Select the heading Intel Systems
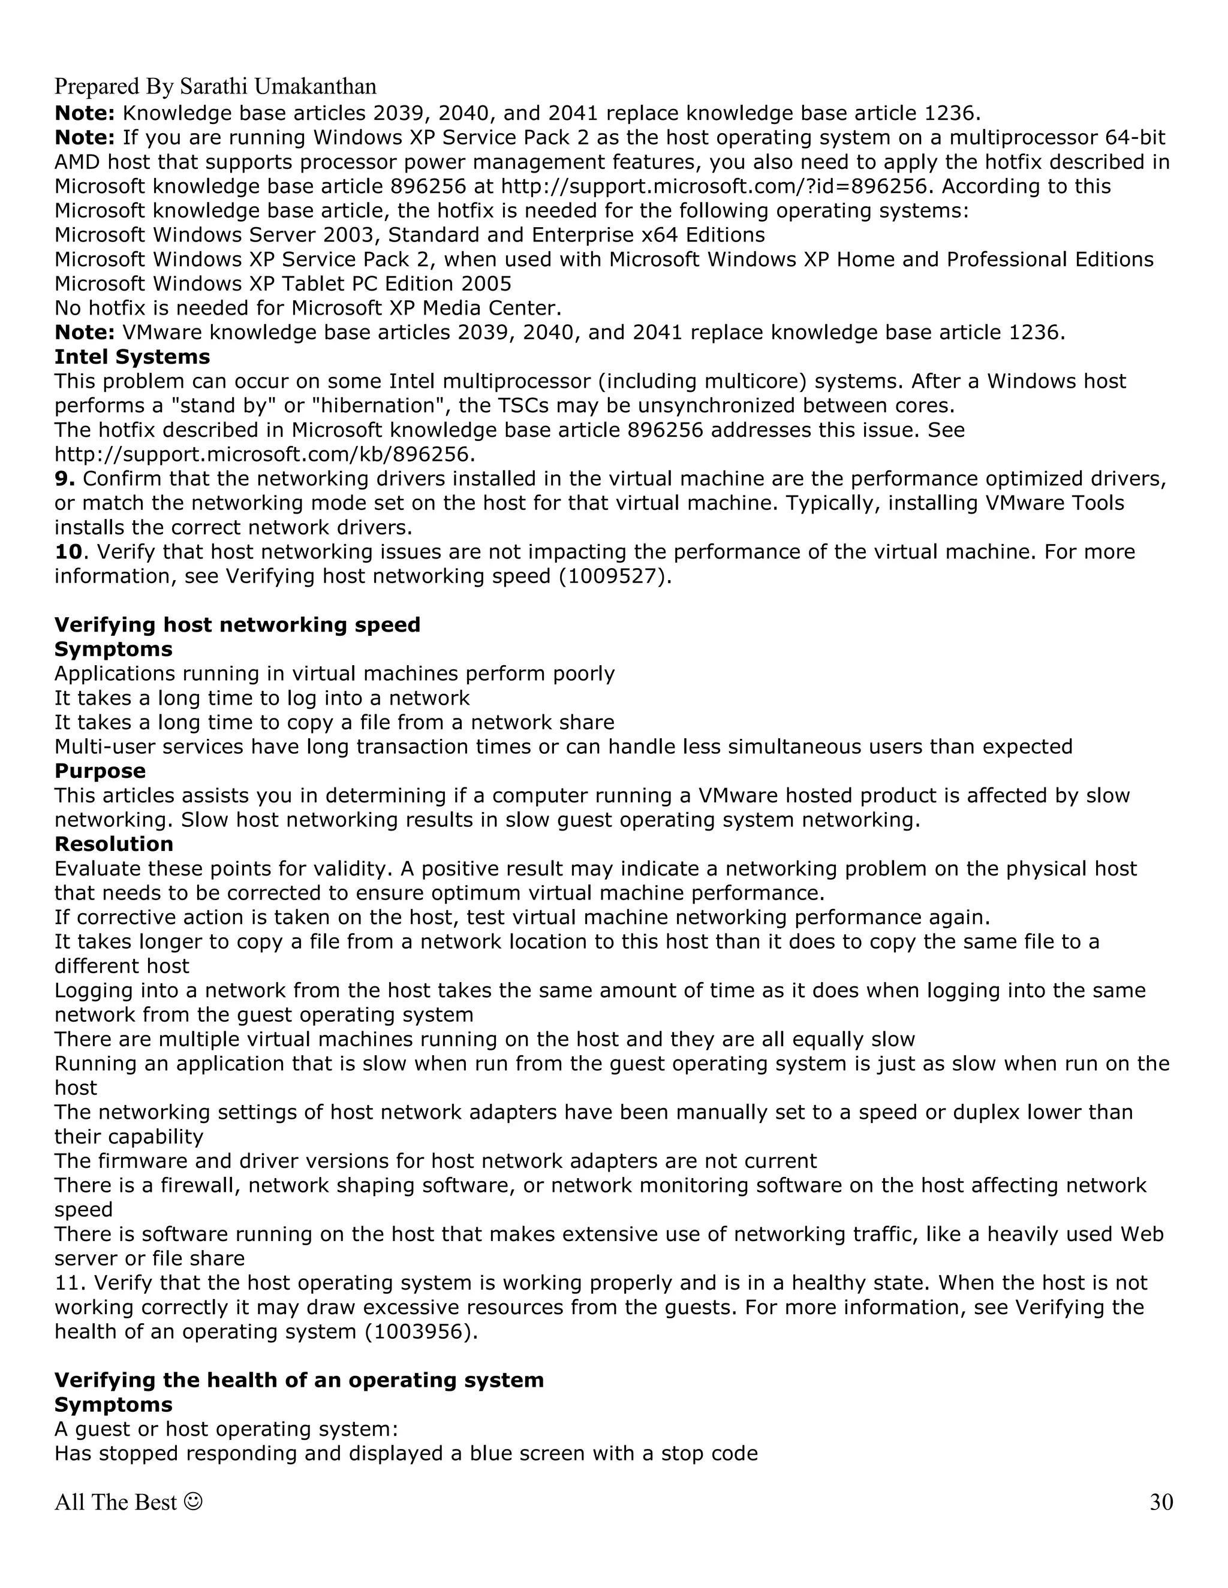(132, 357)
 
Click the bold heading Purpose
(100, 771)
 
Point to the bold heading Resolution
(113, 844)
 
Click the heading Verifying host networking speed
(237, 624)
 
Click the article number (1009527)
(611, 576)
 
